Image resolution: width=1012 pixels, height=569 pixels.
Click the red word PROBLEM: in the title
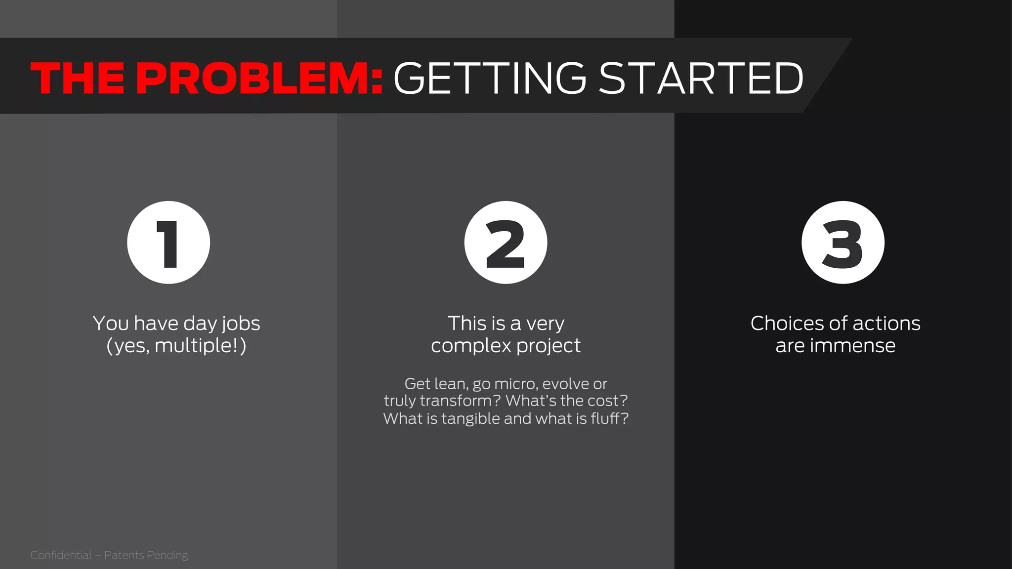coord(259,78)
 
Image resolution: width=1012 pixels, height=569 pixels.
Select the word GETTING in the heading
coord(490,78)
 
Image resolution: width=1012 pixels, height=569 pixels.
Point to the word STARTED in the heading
coord(701,78)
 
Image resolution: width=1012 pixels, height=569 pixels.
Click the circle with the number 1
coord(169,243)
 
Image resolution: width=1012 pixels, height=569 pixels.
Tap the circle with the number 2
coord(506,243)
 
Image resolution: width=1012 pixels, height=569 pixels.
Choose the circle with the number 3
coord(843,243)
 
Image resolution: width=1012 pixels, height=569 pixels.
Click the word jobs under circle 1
coord(241,324)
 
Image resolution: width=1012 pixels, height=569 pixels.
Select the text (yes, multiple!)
coord(176,346)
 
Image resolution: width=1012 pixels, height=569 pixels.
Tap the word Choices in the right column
coord(787,324)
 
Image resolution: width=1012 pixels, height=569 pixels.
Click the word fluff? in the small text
coord(609,419)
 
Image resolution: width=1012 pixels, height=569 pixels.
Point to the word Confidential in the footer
coord(61,555)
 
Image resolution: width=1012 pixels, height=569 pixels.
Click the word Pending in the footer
coord(167,555)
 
